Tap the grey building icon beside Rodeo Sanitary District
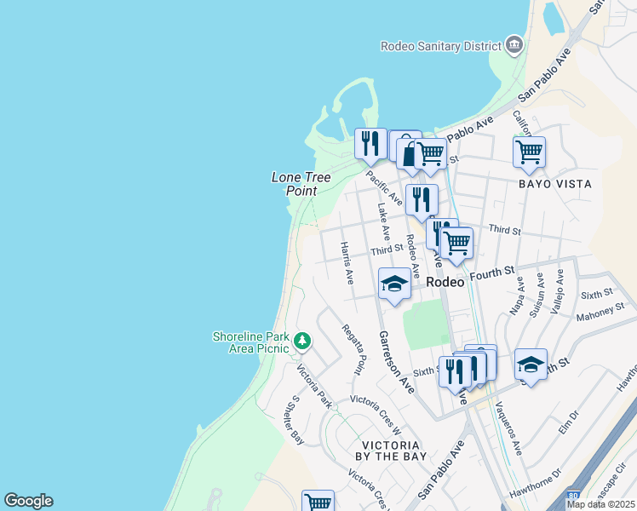tap(514, 44)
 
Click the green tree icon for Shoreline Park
tap(301, 342)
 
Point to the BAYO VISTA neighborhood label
tap(555, 183)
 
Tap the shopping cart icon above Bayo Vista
tap(529, 152)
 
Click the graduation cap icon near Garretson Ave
tap(394, 284)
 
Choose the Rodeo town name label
tap(445, 282)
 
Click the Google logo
tap(28, 501)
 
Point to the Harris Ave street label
tap(347, 262)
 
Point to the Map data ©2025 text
tap(600, 504)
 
